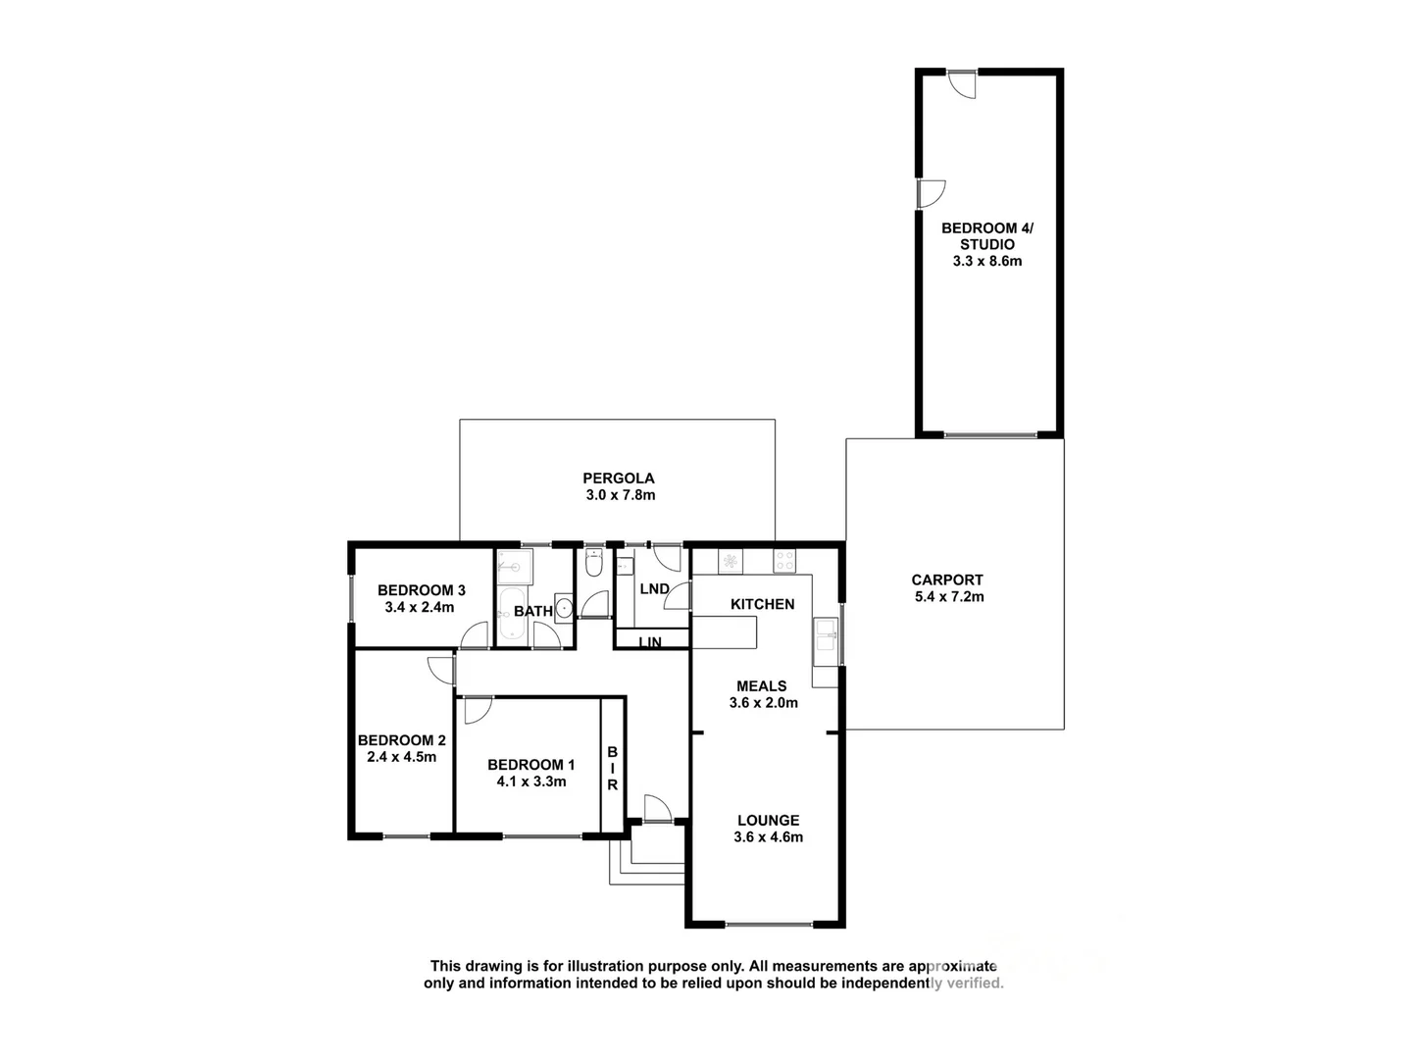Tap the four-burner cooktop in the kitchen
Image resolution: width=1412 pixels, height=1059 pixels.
(x=785, y=561)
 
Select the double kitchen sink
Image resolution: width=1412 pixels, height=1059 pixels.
(x=825, y=641)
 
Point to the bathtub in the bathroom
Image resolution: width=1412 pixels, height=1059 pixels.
(x=511, y=613)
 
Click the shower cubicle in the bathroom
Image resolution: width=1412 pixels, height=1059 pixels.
(x=513, y=566)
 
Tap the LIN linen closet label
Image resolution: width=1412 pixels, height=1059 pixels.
(x=650, y=642)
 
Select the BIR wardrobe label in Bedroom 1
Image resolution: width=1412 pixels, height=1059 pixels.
(x=612, y=768)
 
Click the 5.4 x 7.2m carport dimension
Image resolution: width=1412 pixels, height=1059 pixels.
(x=946, y=596)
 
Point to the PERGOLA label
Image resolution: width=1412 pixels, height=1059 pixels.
(x=618, y=479)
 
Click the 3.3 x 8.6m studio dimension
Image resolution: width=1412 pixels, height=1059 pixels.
(x=986, y=261)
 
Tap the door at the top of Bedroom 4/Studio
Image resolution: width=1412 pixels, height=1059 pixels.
(x=965, y=84)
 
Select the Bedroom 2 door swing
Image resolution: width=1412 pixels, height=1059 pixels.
(x=441, y=669)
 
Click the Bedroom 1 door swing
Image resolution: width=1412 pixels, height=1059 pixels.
(x=478, y=710)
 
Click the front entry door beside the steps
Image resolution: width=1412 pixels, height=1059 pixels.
(x=657, y=809)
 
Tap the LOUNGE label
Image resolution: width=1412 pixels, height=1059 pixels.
(x=768, y=820)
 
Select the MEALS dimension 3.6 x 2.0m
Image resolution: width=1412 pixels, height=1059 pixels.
(x=763, y=702)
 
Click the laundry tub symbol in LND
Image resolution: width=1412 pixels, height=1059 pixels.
(x=625, y=566)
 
